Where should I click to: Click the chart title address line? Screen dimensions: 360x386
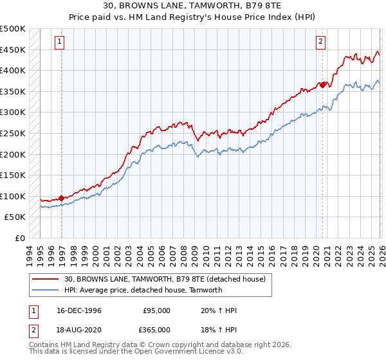(x=192, y=6)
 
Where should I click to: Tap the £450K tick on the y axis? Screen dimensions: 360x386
(x=13, y=50)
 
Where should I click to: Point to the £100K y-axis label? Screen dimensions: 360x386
(x=13, y=196)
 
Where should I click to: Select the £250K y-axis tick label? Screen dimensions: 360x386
(x=13, y=133)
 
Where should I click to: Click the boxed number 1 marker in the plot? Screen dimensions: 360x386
(x=59, y=42)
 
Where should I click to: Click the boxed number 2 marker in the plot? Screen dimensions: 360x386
(x=320, y=42)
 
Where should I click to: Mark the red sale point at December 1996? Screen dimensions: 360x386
(x=62, y=198)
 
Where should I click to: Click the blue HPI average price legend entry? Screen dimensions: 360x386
(x=143, y=290)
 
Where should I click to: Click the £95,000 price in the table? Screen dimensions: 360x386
(x=156, y=310)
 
